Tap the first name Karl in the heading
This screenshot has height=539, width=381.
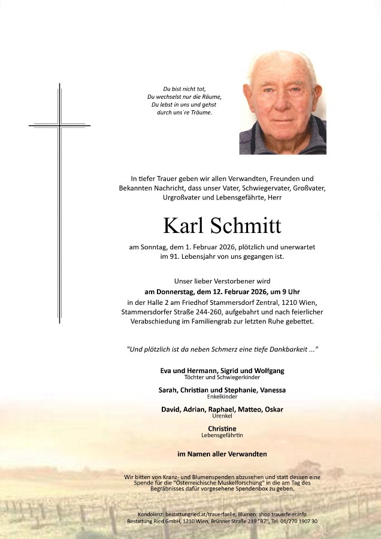pyautogui.click(x=183, y=226)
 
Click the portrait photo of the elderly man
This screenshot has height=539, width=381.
pyautogui.click(x=283, y=103)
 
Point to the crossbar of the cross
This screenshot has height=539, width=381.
pyautogui.click(x=59, y=126)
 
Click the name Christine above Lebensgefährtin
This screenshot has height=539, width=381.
pyautogui.click(x=222, y=429)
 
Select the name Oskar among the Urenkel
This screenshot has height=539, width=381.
pyautogui.click(x=272, y=409)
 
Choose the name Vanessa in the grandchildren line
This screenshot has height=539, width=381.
pyautogui.click(x=271, y=390)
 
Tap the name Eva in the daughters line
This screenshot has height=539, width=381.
pyautogui.click(x=167, y=371)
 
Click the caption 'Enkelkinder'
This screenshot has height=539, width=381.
pyautogui.click(x=222, y=396)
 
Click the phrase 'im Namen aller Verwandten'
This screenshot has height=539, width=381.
pyautogui.click(x=222, y=454)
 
